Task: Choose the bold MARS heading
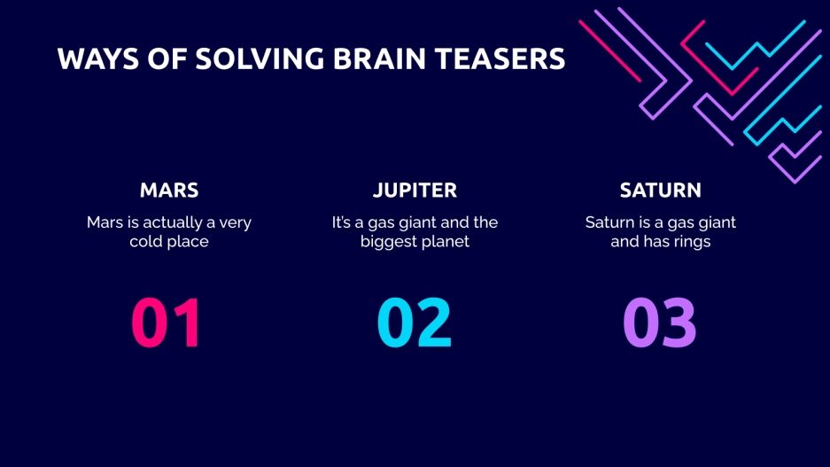click(x=169, y=191)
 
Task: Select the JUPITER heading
click(x=415, y=191)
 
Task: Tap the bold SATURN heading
click(x=661, y=191)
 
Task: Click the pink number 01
click(x=167, y=323)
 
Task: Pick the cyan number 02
click(x=415, y=323)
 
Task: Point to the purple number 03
click(x=660, y=323)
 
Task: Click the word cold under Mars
click(x=147, y=241)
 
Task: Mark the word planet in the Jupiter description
click(x=446, y=241)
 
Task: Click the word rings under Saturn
click(x=689, y=241)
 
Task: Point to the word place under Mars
click(x=189, y=241)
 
